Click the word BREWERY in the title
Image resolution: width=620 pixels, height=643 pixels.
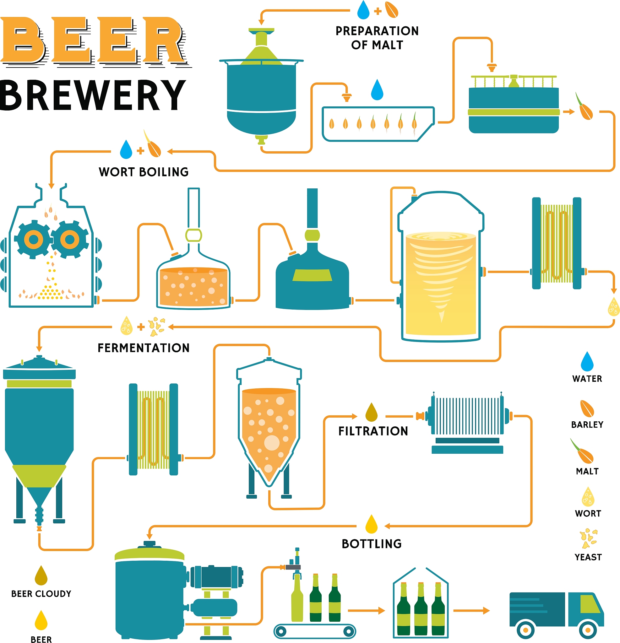[93, 95]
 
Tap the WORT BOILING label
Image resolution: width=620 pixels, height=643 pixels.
[144, 172]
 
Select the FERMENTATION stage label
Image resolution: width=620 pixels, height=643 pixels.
[144, 348]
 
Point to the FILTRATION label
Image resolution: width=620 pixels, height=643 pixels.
[373, 431]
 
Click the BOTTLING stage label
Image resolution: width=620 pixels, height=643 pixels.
[372, 544]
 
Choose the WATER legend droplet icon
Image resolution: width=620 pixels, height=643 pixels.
[587, 361]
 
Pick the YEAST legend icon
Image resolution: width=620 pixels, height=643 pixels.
[588, 538]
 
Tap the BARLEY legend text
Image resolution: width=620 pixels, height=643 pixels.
[587, 424]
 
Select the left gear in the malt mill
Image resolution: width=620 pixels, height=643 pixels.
[34, 240]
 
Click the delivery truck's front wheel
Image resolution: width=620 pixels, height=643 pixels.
[588, 630]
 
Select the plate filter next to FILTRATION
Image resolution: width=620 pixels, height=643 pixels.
[467, 423]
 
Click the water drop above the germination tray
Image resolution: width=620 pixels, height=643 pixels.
[377, 89]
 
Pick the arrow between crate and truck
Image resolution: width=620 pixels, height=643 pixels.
[471, 611]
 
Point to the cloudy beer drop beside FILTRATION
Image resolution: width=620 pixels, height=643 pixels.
[372, 412]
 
